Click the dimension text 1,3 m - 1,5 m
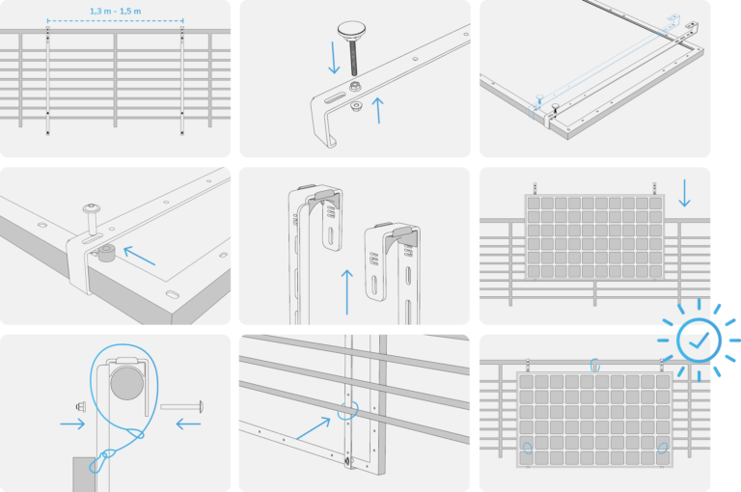click(116, 11)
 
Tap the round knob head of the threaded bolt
click(351, 30)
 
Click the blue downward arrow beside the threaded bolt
click(334, 58)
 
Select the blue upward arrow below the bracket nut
click(377, 110)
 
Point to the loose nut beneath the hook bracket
click(357, 106)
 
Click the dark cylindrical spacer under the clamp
click(107, 253)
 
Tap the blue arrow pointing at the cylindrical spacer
click(139, 256)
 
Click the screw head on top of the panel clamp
click(92, 208)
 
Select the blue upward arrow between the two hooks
click(347, 291)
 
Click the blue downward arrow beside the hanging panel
click(684, 193)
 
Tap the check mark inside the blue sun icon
click(699, 340)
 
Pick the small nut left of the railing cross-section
click(81, 406)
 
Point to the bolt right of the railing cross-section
click(182, 406)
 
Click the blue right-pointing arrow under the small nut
click(72, 424)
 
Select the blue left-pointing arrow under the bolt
click(188, 424)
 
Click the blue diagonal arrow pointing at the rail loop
click(314, 428)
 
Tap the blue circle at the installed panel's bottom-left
click(528, 448)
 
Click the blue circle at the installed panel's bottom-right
click(663, 448)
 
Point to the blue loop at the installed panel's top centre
click(595, 365)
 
